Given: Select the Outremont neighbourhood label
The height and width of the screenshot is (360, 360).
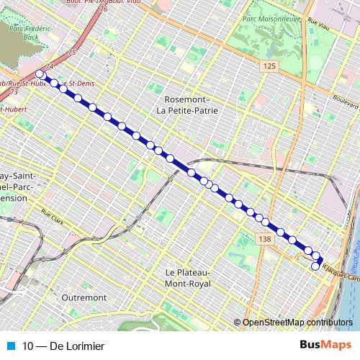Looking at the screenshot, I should tap(84, 297).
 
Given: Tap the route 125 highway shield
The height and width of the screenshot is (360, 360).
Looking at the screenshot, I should tap(269, 66).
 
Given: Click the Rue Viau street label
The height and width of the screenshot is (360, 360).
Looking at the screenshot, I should tap(319, 28).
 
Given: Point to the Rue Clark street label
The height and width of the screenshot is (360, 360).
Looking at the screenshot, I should tap(53, 214).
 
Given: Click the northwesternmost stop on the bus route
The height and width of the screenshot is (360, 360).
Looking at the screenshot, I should tap(40, 73).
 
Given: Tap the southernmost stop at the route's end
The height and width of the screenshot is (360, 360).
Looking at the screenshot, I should tap(315, 267).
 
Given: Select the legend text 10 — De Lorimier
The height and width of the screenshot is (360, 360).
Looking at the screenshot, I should tap(63, 346).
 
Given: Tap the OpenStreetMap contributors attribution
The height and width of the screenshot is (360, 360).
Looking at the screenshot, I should tap(297, 323).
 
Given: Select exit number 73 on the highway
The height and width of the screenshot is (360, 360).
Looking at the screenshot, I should tap(14, 93).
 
